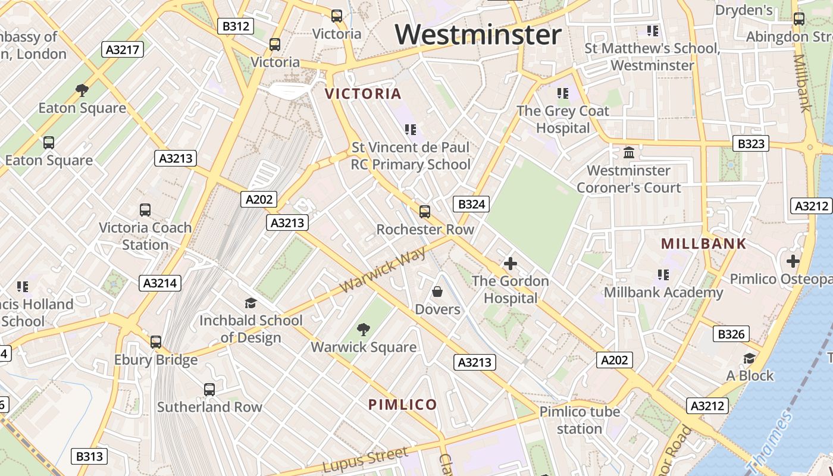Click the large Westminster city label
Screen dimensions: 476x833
tap(478, 35)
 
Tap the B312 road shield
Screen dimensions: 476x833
tap(236, 26)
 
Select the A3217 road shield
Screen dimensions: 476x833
tap(123, 49)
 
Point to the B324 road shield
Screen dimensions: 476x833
tap(471, 205)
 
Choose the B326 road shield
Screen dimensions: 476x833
tap(731, 334)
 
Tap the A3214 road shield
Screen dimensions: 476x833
tap(160, 283)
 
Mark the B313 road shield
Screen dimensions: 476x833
tap(90, 456)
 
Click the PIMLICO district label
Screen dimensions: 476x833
tap(403, 405)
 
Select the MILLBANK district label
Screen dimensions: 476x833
tap(703, 243)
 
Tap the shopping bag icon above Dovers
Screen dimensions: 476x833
tap(437, 292)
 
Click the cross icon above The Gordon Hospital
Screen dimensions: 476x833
tap(510, 263)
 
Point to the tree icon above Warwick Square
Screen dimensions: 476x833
tap(363, 329)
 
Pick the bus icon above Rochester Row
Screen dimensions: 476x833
tap(425, 212)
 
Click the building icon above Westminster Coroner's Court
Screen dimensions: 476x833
tap(629, 153)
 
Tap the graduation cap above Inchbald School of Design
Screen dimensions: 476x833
tap(250, 303)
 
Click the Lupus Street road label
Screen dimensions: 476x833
tap(366, 459)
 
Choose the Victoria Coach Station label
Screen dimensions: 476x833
tap(145, 236)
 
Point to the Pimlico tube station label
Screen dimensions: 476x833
tap(580, 420)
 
